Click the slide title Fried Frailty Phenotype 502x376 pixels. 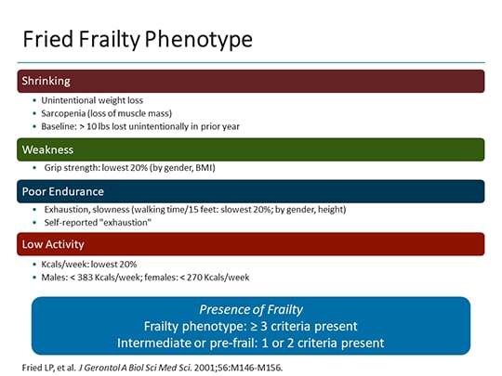pyautogui.click(x=137, y=41)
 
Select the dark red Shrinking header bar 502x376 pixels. pyautogui.click(x=251, y=81)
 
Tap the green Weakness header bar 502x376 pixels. pyautogui.click(x=251, y=149)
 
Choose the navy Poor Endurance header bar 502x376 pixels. pyautogui.click(x=251, y=191)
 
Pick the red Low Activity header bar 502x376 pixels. pyautogui.click(x=251, y=244)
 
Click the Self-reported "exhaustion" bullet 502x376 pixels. pyautogui.click(x=98, y=223)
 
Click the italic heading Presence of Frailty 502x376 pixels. pyautogui.click(x=251, y=309)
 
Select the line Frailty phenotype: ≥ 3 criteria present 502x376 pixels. pyautogui.click(x=251, y=326)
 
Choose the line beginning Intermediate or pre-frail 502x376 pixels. pyautogui.click(x=251, y=342)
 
